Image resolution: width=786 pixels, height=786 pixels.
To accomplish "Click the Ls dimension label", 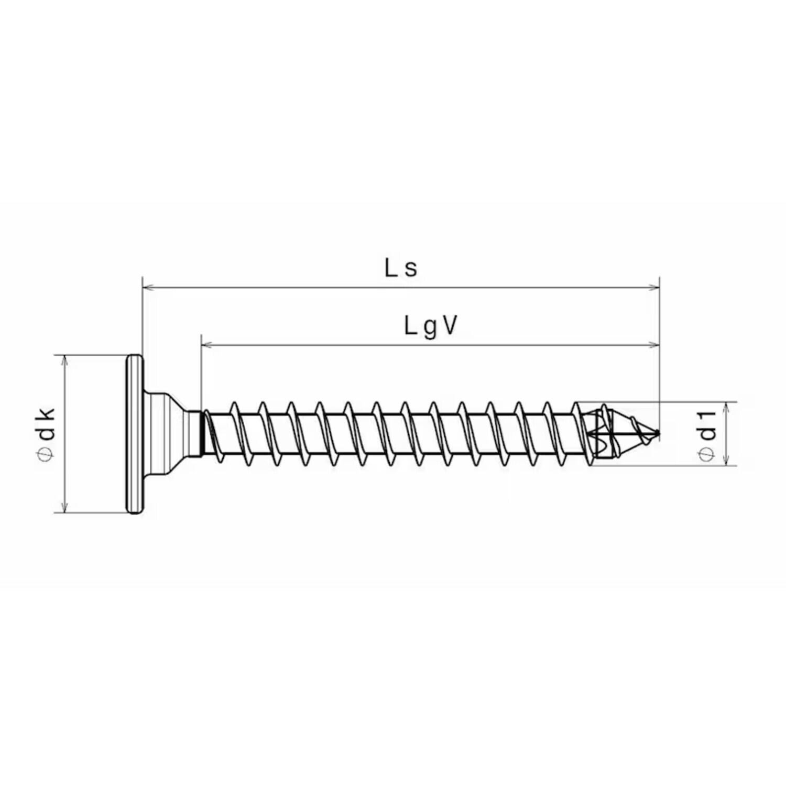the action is coord(401,268).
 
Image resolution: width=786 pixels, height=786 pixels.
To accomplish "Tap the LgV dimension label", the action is coord(431,327).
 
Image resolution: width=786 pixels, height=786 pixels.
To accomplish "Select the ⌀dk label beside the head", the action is coord(46,433).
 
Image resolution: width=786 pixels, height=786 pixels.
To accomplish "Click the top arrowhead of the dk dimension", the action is coord(64,361).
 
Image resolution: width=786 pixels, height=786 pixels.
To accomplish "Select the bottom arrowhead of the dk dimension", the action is coord(64,507).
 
